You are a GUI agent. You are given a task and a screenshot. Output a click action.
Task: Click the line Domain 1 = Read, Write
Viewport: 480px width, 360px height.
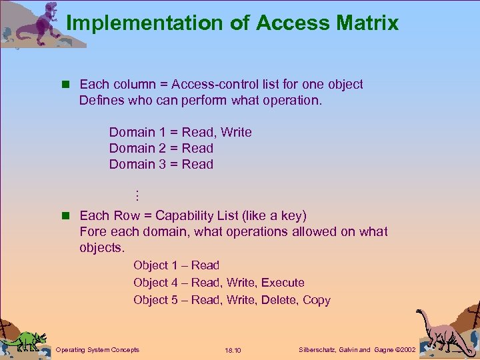180,132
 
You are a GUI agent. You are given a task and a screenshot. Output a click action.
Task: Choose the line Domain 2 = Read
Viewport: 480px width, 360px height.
161,148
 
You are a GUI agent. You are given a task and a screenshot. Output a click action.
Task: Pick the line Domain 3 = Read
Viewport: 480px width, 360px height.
161,164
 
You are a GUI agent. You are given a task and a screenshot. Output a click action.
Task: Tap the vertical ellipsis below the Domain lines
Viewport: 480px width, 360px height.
135,195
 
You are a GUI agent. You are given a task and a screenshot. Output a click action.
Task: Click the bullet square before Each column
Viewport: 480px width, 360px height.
65,85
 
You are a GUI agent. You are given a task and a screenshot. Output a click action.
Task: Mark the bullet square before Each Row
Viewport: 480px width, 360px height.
65,216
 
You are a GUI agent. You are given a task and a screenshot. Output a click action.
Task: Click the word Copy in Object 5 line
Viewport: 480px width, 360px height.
317,300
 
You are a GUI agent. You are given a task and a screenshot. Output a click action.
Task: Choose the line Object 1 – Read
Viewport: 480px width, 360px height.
176,265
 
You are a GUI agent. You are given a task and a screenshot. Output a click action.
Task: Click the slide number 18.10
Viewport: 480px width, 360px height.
233,350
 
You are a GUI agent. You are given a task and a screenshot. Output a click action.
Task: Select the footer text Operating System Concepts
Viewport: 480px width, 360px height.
97,349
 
